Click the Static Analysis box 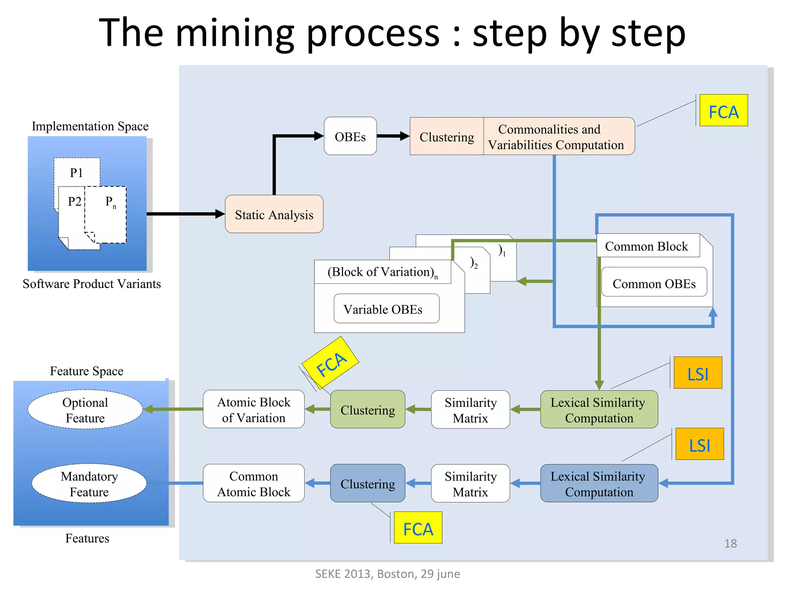274,214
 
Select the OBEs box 350,136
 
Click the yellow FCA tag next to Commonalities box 723,110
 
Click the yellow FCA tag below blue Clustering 418,528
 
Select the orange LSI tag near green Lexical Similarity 698,373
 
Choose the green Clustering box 367,409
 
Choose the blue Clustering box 367,483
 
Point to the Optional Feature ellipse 85,410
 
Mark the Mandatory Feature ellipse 89,483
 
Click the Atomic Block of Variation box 254,409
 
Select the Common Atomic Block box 254,483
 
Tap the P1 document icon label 76,173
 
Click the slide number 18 730,543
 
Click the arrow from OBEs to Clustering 393,136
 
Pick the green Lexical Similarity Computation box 599,409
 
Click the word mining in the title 234,34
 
